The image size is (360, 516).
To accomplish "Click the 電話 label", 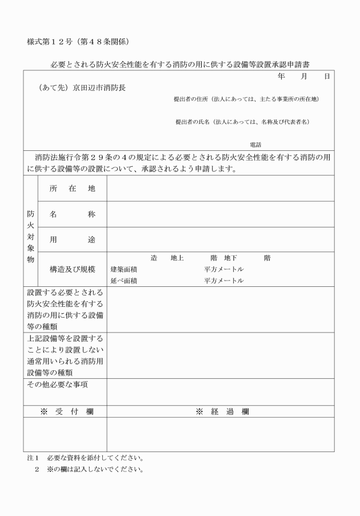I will (x=255, y=145).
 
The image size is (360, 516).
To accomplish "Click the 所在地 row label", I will (x=72, y=189).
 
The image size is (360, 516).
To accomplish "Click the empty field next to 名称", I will (x=220, y=214).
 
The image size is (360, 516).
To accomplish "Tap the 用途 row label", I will (x=72, y=241).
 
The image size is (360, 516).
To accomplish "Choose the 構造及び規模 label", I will (x=72, y=269).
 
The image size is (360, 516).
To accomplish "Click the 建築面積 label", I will (x=123, y=269).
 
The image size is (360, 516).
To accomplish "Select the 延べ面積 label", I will (x=123, y=281).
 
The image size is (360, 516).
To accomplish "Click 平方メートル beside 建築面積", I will (x=224, y=269).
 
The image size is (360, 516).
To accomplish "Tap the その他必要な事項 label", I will (x=58, y=385).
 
